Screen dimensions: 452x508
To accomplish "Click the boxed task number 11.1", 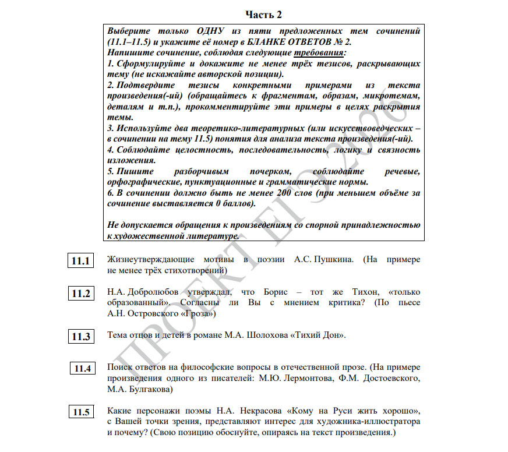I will point(81,261).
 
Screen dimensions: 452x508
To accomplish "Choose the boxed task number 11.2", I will point(81,294).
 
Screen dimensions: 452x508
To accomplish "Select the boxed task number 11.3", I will point(81,337).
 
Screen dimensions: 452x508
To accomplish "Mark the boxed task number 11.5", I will point(81,412).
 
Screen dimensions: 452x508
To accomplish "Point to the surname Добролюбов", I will point(151,292).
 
